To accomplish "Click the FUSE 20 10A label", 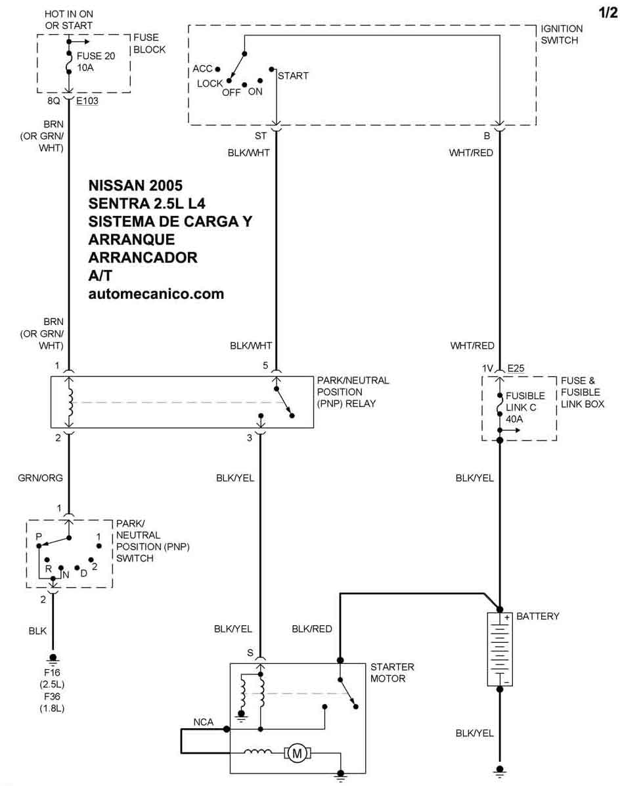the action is pyautogui.click(x=96, y=62).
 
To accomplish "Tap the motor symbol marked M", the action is pyautogui.click(x=298, y=753).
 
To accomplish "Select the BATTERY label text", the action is pyautogui.click(x=538, y=616).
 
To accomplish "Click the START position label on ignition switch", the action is pyautogui.click(x=293, y=76).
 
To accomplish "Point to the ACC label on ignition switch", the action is pyautogui.click(x=202, y=69).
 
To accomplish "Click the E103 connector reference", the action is pyautogui.click(x=87, y=100).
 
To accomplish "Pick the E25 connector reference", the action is pyautogui.click(x=516, y=368).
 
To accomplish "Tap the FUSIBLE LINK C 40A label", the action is pyautogui.click(x=525, y=407).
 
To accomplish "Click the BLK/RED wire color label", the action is pyautogui.click(x=312, y=629).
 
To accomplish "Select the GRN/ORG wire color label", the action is pyautogui.click(x=41, y=478).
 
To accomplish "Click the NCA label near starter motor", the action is pyautogui.click(x=204, y=722).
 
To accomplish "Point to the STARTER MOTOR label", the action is pyautogui.click(x=393, y=672).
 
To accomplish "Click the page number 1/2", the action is pyautogui.click(x=608, y=12).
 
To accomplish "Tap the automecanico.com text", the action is pyautogui.click(x=156, y=294).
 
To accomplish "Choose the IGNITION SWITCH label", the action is pyautogui.click(x=562, y=35).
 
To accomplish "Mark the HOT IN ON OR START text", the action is pyautogui.click(x=69, y=20).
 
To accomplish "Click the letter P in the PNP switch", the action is pyautogui.click(x=39, y=536).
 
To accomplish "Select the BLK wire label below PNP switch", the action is pyautogui.click(x=37, y=631).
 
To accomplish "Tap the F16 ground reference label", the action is pyautogui.click(x=52, y=672).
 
